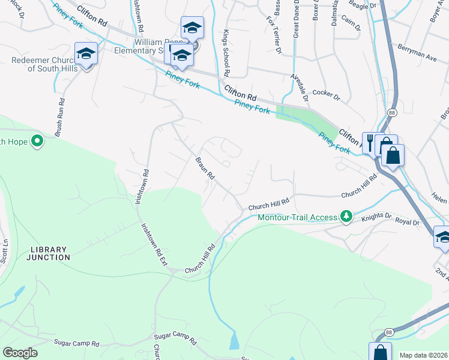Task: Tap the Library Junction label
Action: (x=48, y=253)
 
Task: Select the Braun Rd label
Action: (x=205, y=169)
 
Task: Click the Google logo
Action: (x=20, y=353)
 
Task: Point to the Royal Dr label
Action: (x=407, y=222)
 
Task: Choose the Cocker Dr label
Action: (x=327, y=97)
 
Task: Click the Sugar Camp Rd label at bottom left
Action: (x=76, y=343)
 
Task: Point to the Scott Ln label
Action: (x=7, y=252)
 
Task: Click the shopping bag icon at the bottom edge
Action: (x=379, y=352)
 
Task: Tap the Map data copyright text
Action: (x=423, y=355)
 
